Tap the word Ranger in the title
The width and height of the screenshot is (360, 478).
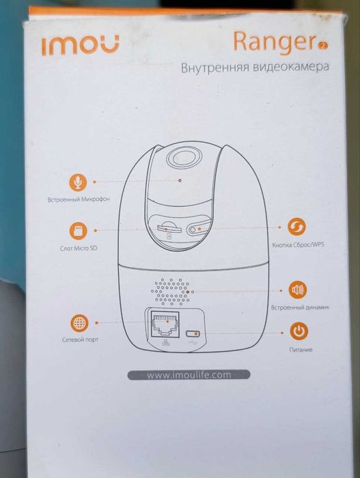pos(273,42)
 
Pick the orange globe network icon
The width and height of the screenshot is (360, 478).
pos(79,322)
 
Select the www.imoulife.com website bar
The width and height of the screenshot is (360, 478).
pos(189,374)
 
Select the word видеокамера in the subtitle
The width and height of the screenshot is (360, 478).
pos(294,68)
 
